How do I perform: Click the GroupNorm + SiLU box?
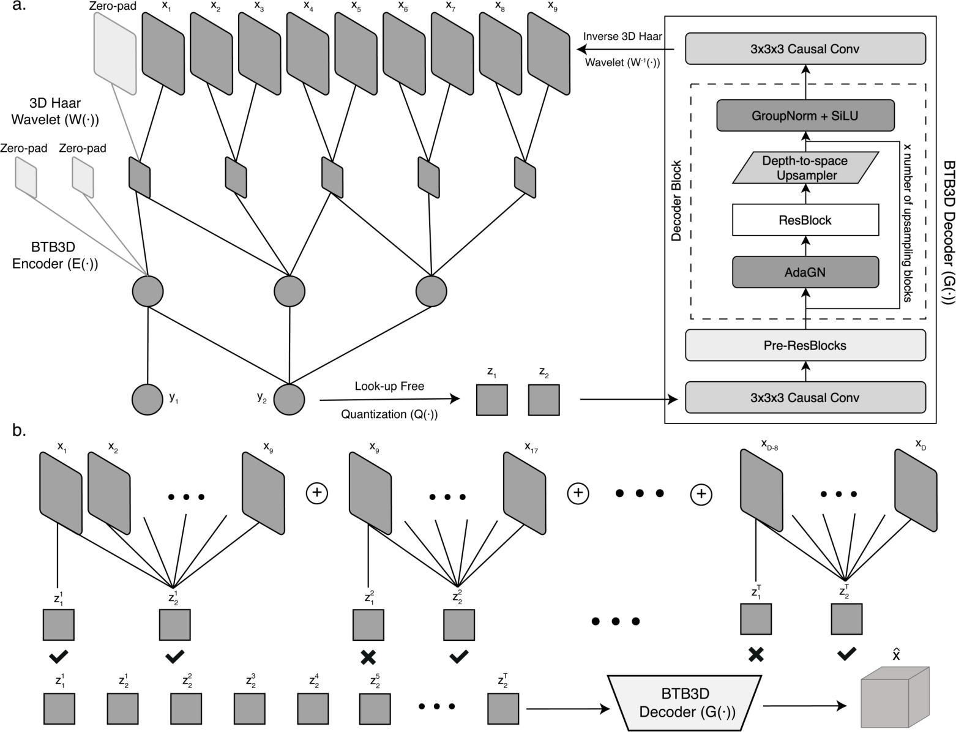pyautogui.click(x=805, y=116)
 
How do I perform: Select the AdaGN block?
pyautogui.click(x=805, y=272)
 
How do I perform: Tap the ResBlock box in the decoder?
pyautogui.click(x=805, y=220)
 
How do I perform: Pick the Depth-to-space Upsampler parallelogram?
pyautogui.click(x=805, y=168)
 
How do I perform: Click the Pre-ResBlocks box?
pyautogui.click(x=805, y=345)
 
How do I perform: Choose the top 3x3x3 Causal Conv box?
pyautogui.click(x=805, y=48)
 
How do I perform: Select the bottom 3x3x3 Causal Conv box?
pyautogui.click(x=805, y=397)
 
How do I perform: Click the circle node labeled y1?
pyautogui.click(x=148, y=400)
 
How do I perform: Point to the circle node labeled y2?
pyautogui.click(x=289, y=400)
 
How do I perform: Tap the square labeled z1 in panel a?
pyautogui.click(x=492, y=400)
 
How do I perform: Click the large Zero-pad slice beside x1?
pyautogui.click(x=115, y=53)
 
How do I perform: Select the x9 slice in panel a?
pyautogui.click(x=548, y=53)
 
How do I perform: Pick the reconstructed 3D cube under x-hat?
pyautogui.click(x=895, y=697)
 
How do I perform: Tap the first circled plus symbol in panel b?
pyautogui.click(x=317, y=493)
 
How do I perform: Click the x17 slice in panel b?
pyautogui.click(x=525, y=493)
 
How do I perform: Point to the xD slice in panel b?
pyautogui.click(x=916, y=490)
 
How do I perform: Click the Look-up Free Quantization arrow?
pyautogui.click(x=390, y=400)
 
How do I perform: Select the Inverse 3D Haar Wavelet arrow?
pyautogui.click(x=625, y=49)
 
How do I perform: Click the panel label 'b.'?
pyautogui.click(x=20, y=431)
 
